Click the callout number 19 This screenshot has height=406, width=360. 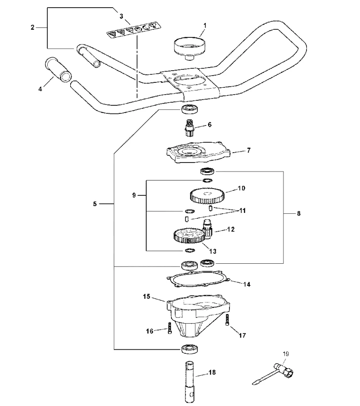[x=286, y=354]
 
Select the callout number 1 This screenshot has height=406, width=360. [x=205, y=25]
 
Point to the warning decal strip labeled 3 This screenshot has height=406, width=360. [x=133, y=31]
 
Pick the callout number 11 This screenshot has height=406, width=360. [x=243, y=211]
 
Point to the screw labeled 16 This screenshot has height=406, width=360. [x=170, y=328]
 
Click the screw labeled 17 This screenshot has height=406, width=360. [x=228, y=320]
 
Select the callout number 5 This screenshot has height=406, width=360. [x=94, y=204]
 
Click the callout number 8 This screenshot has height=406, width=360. [x=299, y=213]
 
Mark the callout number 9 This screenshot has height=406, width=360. [x=134, y=195]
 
